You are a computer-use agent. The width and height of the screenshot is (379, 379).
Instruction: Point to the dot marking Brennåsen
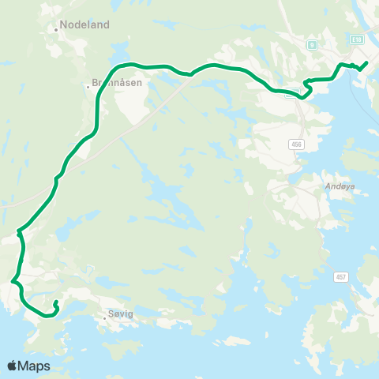(88, 85)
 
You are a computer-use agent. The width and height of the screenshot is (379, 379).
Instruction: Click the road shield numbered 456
(296, 144)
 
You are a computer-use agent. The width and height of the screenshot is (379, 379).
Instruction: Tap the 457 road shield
(341, 276)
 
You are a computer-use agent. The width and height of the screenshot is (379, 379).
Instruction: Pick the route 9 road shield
(313, 45)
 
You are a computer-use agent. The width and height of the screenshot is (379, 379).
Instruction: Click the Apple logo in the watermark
(12, 366)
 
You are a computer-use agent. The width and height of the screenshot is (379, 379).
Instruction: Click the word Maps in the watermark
(35, 366)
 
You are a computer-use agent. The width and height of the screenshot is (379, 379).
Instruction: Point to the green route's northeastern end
(367, 62)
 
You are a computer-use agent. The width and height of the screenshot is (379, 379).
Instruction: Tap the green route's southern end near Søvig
(55, 302)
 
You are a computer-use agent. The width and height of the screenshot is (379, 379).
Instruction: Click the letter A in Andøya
(327, 187)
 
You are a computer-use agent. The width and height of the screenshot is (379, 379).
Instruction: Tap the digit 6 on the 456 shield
(300, 144)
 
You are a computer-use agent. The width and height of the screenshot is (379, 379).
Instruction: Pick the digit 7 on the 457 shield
(345, 276)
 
